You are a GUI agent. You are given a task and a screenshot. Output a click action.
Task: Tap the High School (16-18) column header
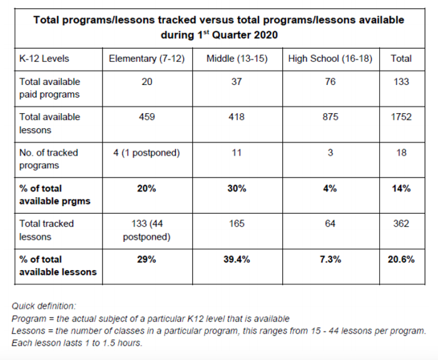[x=330, y=58]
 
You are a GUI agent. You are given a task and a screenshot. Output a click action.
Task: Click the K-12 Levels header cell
[x=44, y=58]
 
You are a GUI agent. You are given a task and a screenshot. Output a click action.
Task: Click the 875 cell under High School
[x=330, y=117]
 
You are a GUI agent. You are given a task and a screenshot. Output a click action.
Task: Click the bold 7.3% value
[x=330, y=259]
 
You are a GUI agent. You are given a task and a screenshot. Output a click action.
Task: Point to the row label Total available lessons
[x=50, y=122]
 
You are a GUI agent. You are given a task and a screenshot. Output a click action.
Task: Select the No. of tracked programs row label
[x=50, y=159]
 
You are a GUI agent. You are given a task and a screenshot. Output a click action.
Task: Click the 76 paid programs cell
[x=330, y=81]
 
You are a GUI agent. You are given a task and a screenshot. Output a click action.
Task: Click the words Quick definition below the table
[x=44, y=306]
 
